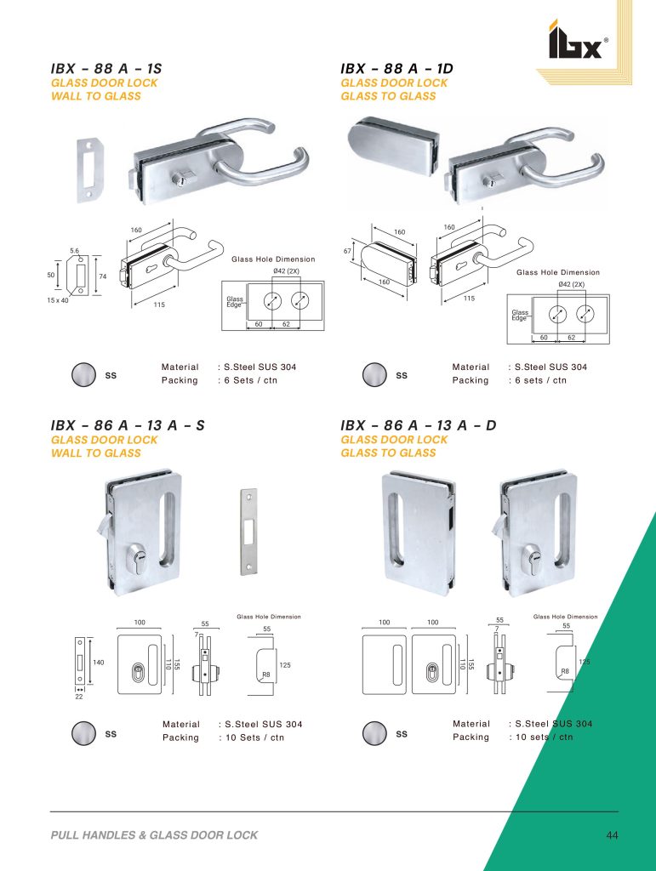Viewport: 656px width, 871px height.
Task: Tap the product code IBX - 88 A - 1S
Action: click(106, 69)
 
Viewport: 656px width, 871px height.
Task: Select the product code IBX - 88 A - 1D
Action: click(396, 69)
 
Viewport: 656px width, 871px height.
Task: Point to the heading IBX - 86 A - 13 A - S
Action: click(128, 425)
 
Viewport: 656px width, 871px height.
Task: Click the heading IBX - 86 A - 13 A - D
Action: click(419, 425)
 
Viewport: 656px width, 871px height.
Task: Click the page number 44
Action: click(612, 835)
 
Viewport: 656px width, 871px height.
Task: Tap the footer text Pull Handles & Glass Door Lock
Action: click(154, 835)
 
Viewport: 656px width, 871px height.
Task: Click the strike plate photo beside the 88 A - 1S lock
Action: click(88, 170)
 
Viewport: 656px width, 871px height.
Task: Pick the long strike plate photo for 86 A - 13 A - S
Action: click(248, 532)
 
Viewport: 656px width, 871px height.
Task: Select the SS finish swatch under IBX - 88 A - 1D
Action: click(374, 375)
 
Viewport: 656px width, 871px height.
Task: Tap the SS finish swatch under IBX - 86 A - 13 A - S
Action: click(83, 733)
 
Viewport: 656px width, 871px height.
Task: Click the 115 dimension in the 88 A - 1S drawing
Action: click(159, 305)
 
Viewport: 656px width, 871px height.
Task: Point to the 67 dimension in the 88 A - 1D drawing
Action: click(347, 251)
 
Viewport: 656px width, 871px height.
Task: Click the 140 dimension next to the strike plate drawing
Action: click(99, 662)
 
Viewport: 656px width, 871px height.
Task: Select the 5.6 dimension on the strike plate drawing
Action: click(74, 251)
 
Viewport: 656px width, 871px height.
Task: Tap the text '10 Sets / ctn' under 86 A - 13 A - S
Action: click(254, 737)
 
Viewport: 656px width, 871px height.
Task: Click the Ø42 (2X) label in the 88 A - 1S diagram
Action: click(286, 271)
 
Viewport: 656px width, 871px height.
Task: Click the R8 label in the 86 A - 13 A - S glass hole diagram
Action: click(266, 675)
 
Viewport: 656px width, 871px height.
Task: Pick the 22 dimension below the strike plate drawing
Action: click(79, 697)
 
